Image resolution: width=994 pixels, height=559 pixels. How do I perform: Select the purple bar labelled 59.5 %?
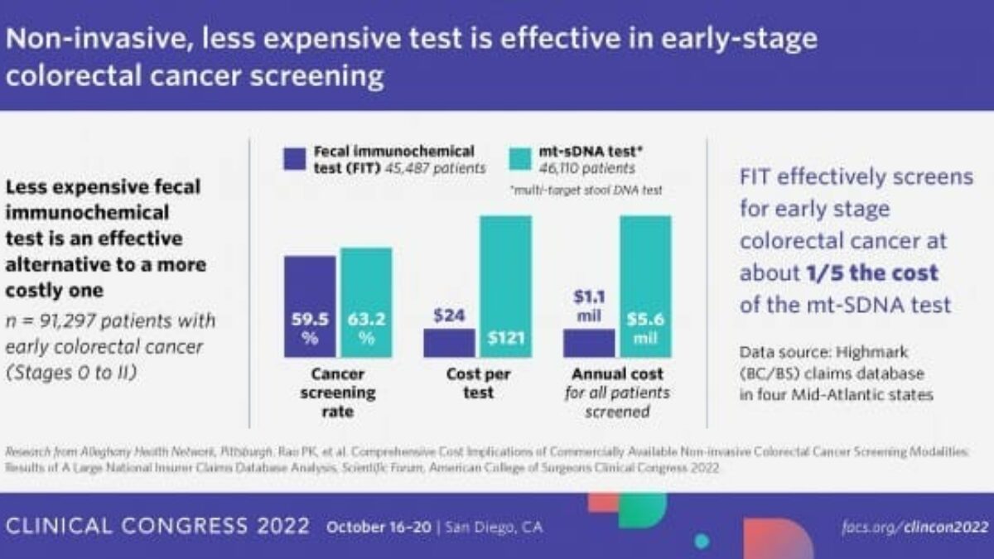(311, 306)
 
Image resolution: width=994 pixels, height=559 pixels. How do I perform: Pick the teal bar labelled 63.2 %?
(365, 302)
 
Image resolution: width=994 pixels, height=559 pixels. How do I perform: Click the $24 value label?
(449, 315)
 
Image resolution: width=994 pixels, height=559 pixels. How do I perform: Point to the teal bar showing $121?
(504, 286)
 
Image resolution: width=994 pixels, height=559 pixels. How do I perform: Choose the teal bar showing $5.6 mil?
(644, 286)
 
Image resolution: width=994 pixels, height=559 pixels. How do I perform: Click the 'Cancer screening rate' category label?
(339, 393)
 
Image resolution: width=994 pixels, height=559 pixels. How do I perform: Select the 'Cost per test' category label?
(478, 383)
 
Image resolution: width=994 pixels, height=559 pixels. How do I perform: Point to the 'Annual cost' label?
(616, 374)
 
